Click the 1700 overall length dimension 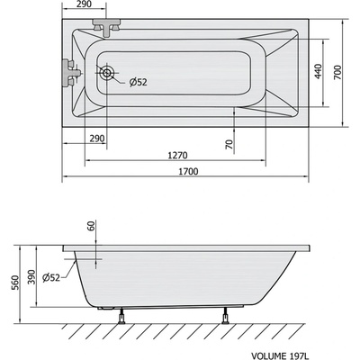[x=187, y=171]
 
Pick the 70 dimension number [x=229, y=143]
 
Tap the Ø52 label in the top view [x=138, y=82]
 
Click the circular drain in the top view [x=108, y=75]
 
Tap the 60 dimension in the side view [x=91, y=227]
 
